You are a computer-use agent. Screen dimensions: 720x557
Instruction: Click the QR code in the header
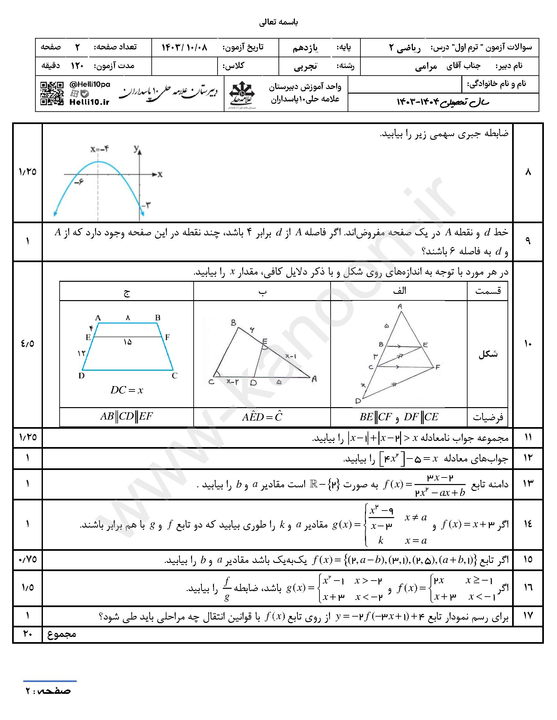pyautogui.click(x=52, y=94)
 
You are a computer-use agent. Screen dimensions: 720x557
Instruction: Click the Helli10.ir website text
pyautogui.click(x=89, y=102)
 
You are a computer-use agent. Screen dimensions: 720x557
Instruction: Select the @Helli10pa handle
pyautogui.click(x=90, y=84)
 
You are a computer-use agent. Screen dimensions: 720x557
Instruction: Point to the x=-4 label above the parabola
pyautogui.click(x=100, y=149)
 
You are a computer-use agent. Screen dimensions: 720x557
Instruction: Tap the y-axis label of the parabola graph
pyautogui.click(x=136, y=149)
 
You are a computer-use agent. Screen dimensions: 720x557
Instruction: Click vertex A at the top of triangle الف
pyautogui.click(x=400, y=306)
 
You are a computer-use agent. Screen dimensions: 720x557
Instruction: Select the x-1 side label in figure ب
pyautogui.click(x=291, y=356)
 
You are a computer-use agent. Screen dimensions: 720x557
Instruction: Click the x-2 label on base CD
pyautogui.click(x=232, y=381)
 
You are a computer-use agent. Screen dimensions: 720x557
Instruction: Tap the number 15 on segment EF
pyautogui.click(x=128, y=342)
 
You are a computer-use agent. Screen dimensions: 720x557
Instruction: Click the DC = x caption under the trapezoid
pyautogui.click(x=127, y=390)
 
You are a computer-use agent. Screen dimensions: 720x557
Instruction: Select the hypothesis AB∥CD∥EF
pyautogui.click(x=127, y=416)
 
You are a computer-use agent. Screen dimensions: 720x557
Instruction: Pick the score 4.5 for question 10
pyautogui.click(x=28, y=344)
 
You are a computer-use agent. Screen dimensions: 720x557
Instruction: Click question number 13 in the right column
pyautogui.click(x=528, y=484)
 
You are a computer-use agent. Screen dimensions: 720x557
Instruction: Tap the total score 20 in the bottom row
pyautogui.click(x=28, y=634)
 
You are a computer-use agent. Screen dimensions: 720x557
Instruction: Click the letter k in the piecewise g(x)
pyautogui.click(x=381, y=540)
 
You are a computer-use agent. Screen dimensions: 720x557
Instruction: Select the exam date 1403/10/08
pyautogui.click(x=184, y=47)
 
